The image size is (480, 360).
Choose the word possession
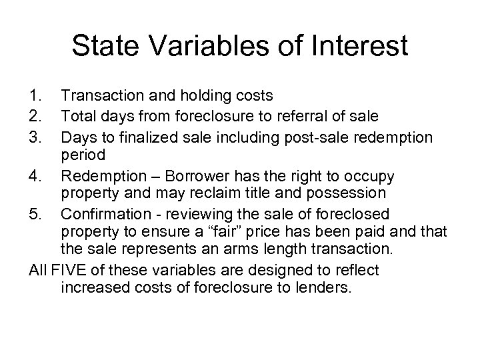352,193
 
